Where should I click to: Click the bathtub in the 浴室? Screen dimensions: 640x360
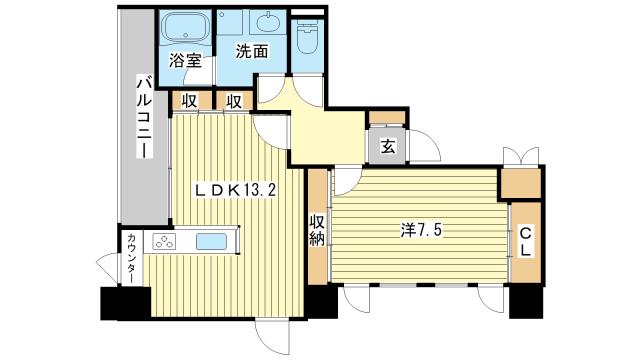point(184,26)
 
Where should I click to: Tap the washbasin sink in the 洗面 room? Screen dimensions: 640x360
point(268,22)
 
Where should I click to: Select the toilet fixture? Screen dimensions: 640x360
point(307,37)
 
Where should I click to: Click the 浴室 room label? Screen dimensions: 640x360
point(186,60)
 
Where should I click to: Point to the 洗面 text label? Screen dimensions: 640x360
point(252,51)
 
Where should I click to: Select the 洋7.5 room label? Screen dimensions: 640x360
point(421,231)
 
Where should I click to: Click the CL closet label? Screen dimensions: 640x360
point(526,242)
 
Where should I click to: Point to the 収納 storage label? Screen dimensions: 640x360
point(317,230)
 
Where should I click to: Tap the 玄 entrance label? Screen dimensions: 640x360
point(388,147)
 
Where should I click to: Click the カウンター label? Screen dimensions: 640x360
point(131,258)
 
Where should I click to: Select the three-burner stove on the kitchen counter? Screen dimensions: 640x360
point(164,242)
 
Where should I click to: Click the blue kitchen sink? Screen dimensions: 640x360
point(211,242)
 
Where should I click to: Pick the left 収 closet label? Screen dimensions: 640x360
point(189,101)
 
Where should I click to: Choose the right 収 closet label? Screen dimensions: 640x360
point(234,101)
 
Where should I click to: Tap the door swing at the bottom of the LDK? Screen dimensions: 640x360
point(273,337)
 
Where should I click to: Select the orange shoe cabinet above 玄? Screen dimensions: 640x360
point(387,118)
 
